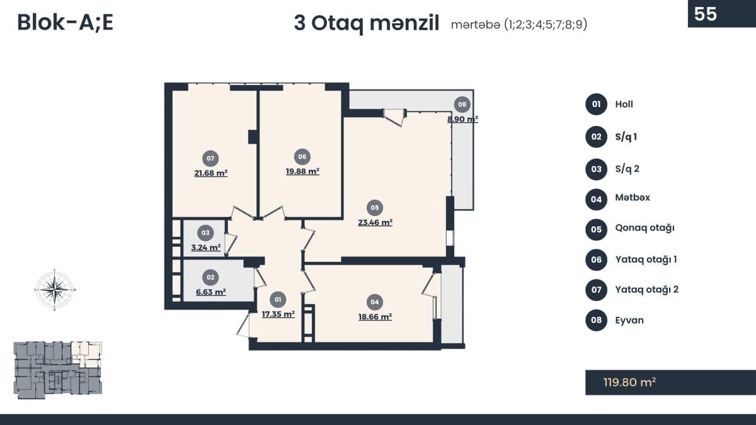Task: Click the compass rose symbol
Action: tap(54, 290)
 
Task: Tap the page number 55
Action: tap(706, 14)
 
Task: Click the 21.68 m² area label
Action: tap(211, 173)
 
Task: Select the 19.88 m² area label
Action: tap(302, 171)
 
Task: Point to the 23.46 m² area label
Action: tap(375, 222)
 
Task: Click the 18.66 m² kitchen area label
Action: tap(375, 317)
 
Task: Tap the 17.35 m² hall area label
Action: tap(278, 314)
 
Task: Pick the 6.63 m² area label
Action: tap(211, 292)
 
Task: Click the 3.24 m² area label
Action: tap(206, 247)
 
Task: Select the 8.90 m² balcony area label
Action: tap(462, 119)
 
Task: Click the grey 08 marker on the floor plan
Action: tap(462, 105)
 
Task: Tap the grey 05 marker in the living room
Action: tap(375, 208)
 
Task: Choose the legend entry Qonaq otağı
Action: tap(644, 228)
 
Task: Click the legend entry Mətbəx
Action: tap(633, 197)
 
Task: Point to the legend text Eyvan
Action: tap(629, 320)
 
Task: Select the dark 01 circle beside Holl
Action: tap(597, 105)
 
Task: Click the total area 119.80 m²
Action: tap(629, 382)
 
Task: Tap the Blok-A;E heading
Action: tap(65, 23)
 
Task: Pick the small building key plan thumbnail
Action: tap(58, 370)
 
